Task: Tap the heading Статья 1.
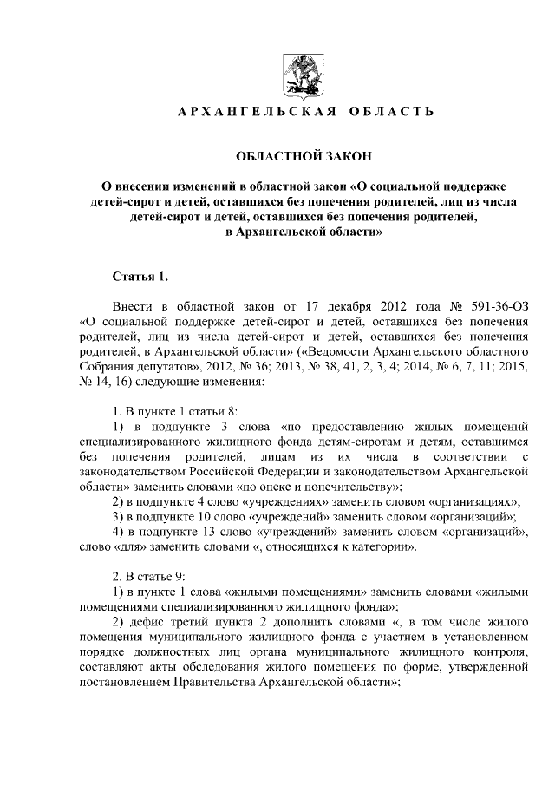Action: click(140, 277)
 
